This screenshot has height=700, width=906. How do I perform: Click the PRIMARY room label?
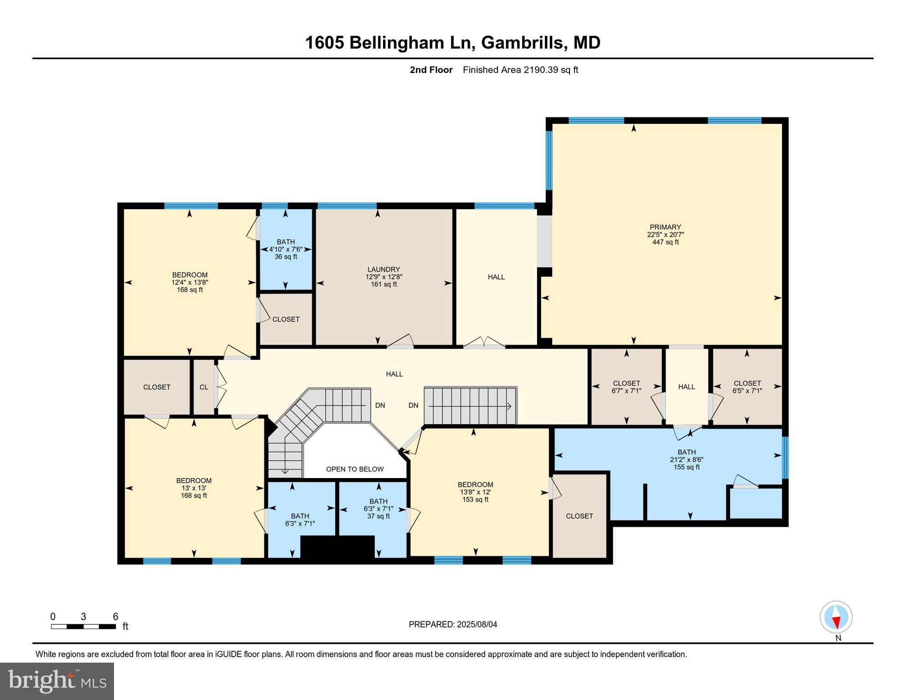[x=665, y=227]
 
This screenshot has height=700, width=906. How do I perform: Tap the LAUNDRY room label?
[x=383, y=269]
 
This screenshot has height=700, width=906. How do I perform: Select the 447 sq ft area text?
[x=665, y=242]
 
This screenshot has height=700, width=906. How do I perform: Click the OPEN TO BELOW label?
[x=355, y=469]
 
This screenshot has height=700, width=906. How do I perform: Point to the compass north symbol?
[x=836, y=618]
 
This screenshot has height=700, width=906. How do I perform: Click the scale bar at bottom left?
[x=83, y=626]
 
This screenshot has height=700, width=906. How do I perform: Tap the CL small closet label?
[x=204, y=387]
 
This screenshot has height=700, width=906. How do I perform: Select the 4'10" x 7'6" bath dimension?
[x=285, y=249]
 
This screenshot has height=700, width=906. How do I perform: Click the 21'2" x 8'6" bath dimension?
[x=686, y=459]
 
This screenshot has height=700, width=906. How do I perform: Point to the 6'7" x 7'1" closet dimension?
[x=626, y=391]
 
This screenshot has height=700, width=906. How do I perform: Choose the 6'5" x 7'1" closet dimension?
[x=747, y=391]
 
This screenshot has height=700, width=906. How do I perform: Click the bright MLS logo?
[x=57, y=681]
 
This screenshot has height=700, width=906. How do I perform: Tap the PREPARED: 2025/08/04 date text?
[x=452, y=624]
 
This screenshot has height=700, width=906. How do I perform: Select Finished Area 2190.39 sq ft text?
[x=520, y=70]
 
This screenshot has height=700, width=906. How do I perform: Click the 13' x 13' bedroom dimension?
[x=194, y=488]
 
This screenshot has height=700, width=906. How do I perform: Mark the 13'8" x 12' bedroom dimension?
[x=475, y=492]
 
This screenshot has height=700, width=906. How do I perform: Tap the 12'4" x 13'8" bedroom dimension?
[x=190, y=282]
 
